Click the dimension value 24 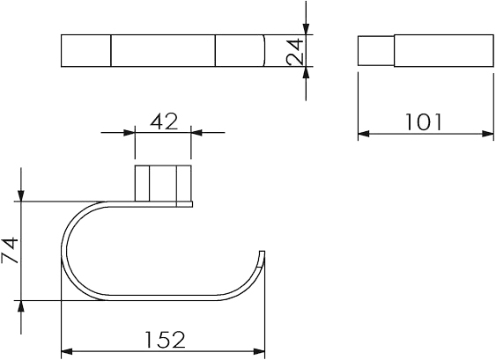pos(295,51)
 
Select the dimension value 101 pos(423,122)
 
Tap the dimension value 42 pos(164,121)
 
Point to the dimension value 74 pos(10,250)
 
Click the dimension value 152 pos(165,340)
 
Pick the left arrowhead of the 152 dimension pos(67,351)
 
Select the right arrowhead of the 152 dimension pos(259,351)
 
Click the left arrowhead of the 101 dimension pos(364,134)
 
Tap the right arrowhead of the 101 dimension pos(487,134)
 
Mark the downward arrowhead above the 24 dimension pos(306,28)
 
